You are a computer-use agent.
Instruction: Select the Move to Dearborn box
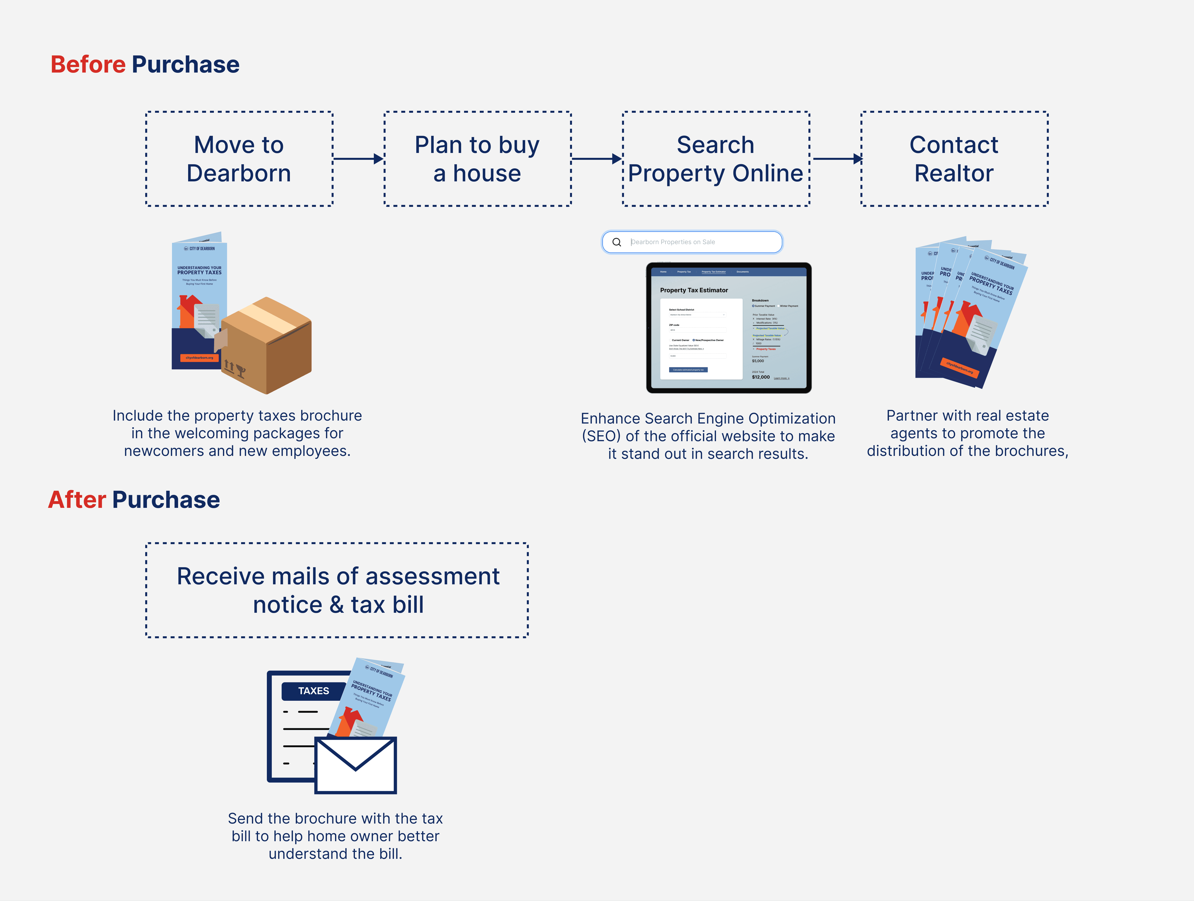[x=239, y=159]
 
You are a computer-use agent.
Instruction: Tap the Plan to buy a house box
[x=477, y=159]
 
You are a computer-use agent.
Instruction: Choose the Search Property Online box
[x=716, y=159]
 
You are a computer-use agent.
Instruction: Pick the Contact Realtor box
[x=954, y=159]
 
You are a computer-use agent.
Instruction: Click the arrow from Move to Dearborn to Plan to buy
[x=358, y=159]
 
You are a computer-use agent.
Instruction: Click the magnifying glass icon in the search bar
[x=616, y=242]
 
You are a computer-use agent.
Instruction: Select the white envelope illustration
[x=356, y=765]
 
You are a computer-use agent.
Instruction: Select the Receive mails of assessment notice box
[x=337, y=590]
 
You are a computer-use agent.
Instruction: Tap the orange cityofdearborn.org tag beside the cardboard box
[x=199, y=358]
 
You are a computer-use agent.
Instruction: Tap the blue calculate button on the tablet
[x=688, y=370]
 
